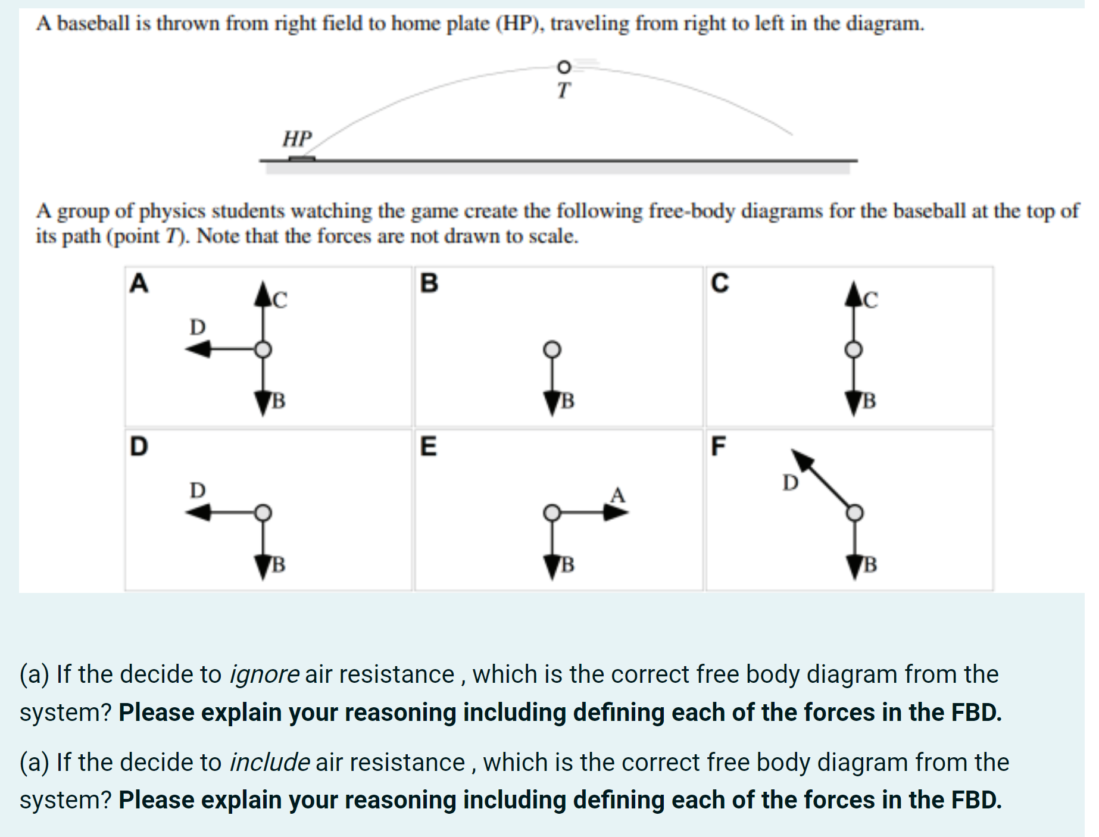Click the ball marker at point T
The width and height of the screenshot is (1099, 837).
click(x=563, y=66)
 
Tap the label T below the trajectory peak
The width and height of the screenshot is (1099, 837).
click(x=563, y=90)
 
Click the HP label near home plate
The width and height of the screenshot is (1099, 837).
click(x=296, y=139)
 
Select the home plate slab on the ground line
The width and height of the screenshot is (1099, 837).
click(x=302, y=158)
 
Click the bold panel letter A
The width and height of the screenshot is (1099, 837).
click(x=139, y=283)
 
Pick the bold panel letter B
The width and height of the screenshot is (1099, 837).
click(x=429, y=283)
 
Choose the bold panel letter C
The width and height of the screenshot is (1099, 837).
click(x=719, y=283)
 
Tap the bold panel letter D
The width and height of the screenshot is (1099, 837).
click(x=139, y=446)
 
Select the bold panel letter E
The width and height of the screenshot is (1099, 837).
click(x=428, y=446)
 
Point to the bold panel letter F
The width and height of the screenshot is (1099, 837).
click(x=718, y=446)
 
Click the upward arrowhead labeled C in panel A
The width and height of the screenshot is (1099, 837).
click(x=263, y=294)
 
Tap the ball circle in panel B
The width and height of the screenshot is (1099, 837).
click(x=552, y=349)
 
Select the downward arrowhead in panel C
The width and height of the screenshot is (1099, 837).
click(x=854, y=404)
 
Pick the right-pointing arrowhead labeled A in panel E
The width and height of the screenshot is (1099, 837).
click(x=616, y=512)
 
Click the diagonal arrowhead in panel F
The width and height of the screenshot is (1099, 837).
click(x=802, y=460)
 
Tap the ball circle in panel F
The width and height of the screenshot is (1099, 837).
click(x=854, y=512)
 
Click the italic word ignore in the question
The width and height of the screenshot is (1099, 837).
click(x=264, y=674)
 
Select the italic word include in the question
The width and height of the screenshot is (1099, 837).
click(x=270, y=763)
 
